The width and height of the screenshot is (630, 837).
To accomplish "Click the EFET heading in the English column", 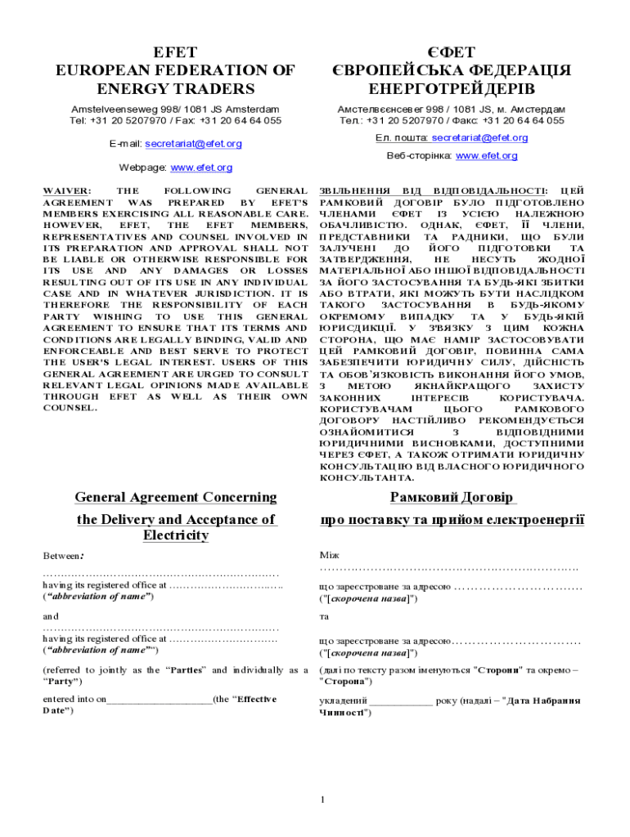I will point(174,53).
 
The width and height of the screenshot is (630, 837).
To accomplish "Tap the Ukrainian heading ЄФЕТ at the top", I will point(451,53).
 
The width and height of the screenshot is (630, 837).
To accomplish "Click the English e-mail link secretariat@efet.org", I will point(193,144).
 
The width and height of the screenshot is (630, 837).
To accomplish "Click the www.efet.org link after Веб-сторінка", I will point(486,156).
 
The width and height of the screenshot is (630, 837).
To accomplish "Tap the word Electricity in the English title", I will point(175,535).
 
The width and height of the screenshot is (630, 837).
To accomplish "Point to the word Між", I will point(327,555).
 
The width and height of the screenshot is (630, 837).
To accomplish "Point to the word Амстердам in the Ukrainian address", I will point(537,109).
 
